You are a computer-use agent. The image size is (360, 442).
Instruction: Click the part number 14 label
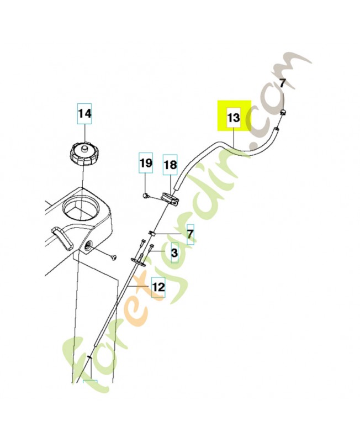84,114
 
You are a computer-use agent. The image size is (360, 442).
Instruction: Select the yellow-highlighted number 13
234,117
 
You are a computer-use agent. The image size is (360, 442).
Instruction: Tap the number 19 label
146,163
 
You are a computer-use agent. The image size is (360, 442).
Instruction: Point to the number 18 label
170,165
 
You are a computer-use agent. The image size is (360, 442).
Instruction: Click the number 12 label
158,287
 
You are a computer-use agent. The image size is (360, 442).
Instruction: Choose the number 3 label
174,253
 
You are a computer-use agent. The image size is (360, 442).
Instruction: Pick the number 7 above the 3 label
190,234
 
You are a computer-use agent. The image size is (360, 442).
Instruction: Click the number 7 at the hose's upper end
283,83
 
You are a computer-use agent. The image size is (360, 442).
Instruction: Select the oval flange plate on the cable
139,261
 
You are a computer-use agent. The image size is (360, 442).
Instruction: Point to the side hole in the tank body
88,246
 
